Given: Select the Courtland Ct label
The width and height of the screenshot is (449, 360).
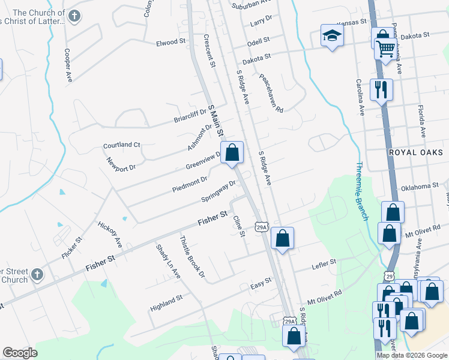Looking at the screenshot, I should [121, 145].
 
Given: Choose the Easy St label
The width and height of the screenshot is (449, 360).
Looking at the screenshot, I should [261, 281].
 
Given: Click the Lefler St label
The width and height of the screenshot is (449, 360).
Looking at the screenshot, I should [324, 262].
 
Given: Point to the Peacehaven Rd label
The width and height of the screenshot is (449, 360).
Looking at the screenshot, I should [271, 93].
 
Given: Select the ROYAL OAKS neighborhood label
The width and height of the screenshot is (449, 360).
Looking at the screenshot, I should [415, 152].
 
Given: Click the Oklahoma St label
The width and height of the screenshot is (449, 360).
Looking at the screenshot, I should [420, 187].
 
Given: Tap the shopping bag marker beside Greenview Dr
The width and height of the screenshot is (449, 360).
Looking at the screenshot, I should [232, 152].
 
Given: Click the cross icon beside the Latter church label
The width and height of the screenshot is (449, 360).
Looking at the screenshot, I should [74, 16].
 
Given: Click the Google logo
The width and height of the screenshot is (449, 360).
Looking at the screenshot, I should [20, 353].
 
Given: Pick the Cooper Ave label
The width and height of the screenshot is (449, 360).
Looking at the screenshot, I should [68, 65].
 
